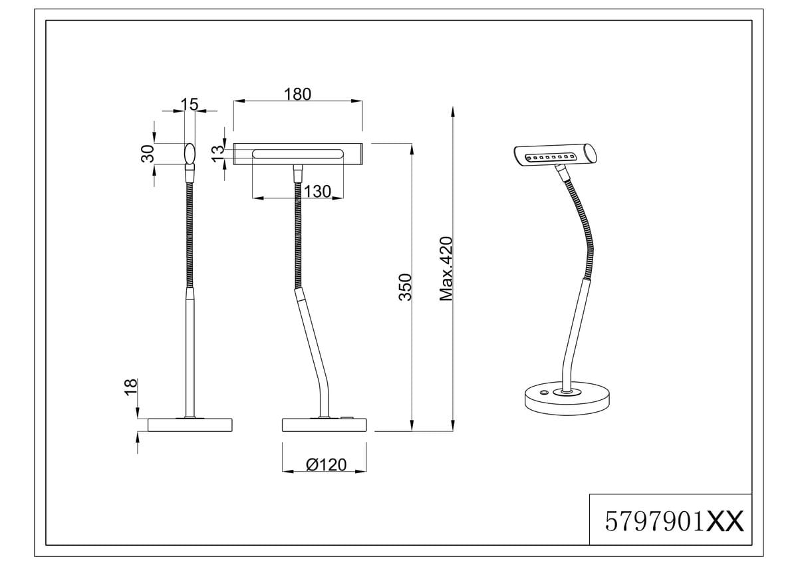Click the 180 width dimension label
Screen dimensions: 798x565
click(x=297, y=94)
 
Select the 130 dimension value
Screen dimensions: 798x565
click(x=317, y=192)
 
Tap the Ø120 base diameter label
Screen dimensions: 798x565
click(x=327, y=465)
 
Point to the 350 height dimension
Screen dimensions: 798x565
click(x=405, y=287)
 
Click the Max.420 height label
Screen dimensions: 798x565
click(x=446, y=269)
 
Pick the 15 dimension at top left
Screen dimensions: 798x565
click(x=189, y=104)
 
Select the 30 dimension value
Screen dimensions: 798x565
click(x=148, y=154)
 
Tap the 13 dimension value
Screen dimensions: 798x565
click(x=218, y=154)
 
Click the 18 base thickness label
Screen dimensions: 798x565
click(x=131, y=387)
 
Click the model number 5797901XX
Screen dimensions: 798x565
click(x=674, y=521)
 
